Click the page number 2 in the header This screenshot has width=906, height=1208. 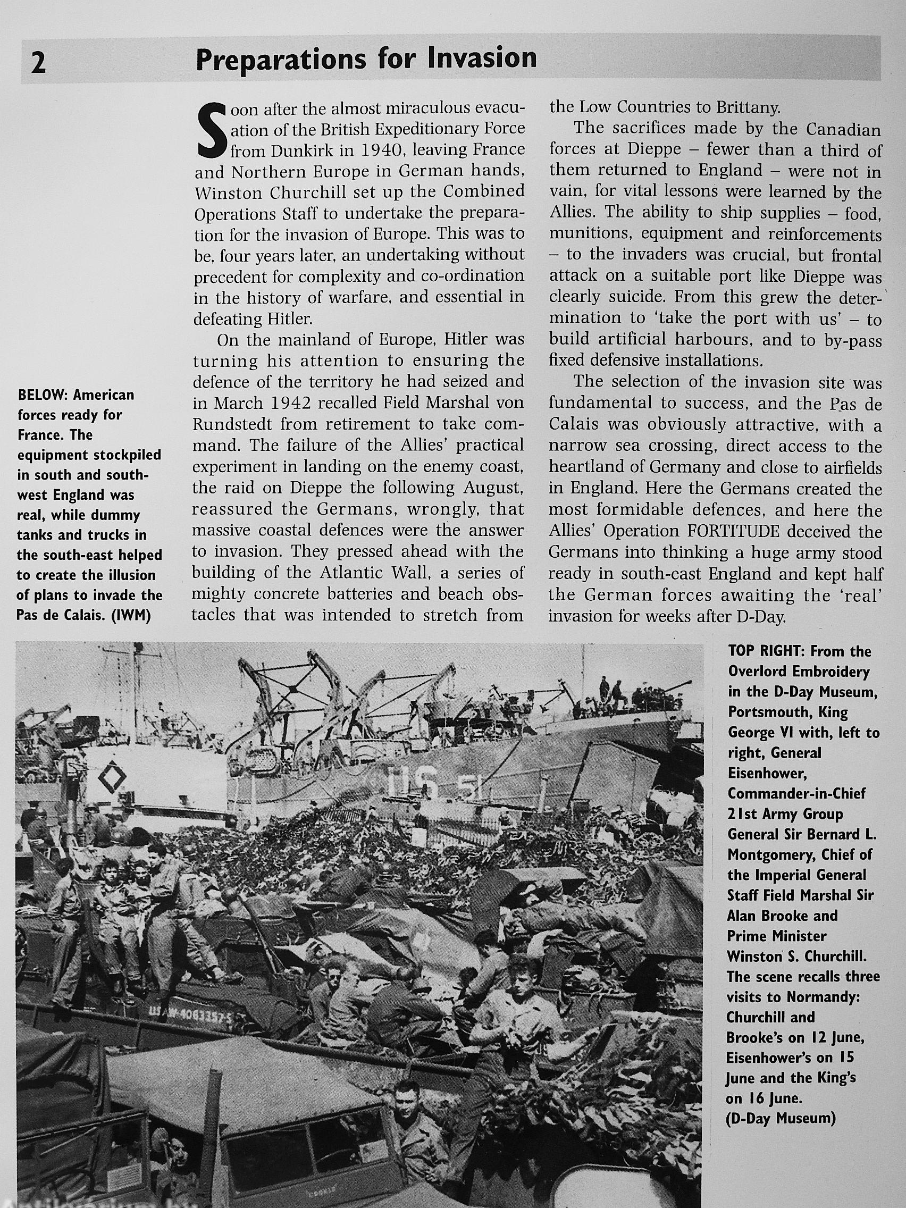point(38,63)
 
